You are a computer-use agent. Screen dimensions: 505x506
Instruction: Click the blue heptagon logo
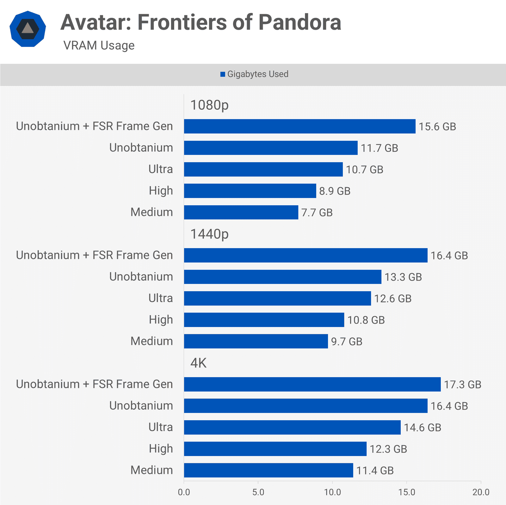coord(28,29)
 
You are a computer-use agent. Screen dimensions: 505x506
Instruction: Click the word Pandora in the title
coord(299,22)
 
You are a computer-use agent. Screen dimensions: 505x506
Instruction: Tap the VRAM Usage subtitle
coord(99,46)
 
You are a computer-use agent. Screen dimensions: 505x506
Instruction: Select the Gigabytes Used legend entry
coord(254,74)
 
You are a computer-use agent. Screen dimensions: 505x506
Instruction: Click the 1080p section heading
coord(209,105)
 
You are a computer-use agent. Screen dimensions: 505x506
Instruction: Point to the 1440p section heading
coord(209,234)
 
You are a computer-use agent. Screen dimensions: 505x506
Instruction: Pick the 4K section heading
coord(198,363)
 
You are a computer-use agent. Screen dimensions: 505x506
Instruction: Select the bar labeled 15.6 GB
coord(299,126)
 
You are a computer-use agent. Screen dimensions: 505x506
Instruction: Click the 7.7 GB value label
coord(317,212)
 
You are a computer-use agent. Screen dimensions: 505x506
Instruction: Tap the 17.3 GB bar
coord(312,384)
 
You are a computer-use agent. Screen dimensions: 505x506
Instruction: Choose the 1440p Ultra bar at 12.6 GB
coord(277,298)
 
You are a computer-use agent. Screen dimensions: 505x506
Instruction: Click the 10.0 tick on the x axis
coord(332,492)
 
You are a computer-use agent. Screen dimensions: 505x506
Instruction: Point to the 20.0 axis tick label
coord(481,492)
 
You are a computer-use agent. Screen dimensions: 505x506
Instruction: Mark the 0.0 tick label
coord(184,492)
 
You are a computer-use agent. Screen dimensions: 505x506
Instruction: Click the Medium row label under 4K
coord(151,470)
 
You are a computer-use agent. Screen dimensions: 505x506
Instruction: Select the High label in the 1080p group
coord(161,191)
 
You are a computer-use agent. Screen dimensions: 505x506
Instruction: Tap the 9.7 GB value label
coord(347,342)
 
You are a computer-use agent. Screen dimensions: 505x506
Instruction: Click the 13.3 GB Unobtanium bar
coord(282,277)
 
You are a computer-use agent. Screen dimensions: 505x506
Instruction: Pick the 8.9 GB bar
coord(250,191)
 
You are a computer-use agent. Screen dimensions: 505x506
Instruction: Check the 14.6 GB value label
coord(422,428)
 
